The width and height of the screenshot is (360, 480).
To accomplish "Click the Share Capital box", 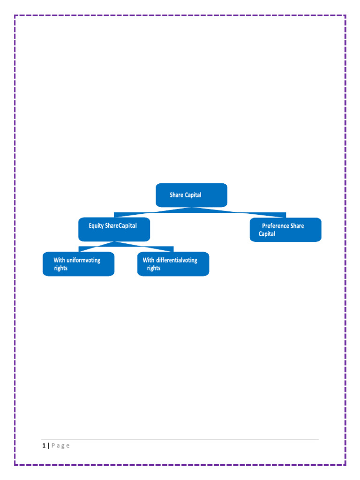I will (x=191, y=195).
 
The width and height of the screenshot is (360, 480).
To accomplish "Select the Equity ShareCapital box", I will (x=114, y=229).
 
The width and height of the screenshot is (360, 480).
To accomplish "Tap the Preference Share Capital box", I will (x=285, y=230).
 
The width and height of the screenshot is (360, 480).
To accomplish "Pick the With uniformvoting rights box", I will (x=78, y=264).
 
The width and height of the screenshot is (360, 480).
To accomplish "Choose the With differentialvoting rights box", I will (x=173, y=264).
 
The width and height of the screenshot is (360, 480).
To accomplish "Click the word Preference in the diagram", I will (x=275, y=226).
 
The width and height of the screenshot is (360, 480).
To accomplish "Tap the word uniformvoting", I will (x=83, y=260).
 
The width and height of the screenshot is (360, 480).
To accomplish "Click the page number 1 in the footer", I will (x=44, y=446).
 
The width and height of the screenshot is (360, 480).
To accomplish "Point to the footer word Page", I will (x=60, y=446).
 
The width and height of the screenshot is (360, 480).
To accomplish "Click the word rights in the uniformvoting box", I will (x=60, y=268).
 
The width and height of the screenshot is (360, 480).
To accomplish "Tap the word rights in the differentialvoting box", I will (x=154, y=268).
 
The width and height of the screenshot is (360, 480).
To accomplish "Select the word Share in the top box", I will (x=176, y=195).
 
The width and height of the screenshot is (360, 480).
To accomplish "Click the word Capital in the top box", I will (x=193, y=195).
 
